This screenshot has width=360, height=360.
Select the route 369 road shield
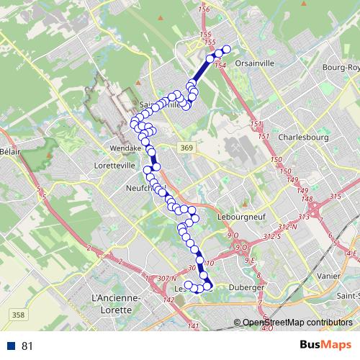(x=187, y=148)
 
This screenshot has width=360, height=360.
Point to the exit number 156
(x=203, y=9)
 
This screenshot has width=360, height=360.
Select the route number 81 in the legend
(x=27, y=346)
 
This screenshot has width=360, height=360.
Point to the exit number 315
(x=335, y=197)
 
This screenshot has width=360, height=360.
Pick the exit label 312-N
(x=289, y=227)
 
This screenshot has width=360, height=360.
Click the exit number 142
(x=169, y=300)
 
